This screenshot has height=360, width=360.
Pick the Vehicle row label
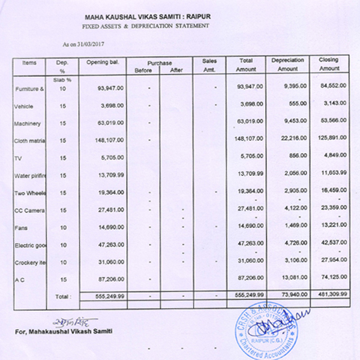(x=23, y=106)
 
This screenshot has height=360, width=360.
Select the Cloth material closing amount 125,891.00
(x=331, y=141)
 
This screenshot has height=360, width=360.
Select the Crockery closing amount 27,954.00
(x=332, y=262)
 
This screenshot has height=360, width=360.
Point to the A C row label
(x=19, y=280)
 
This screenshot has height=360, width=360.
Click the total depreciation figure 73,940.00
(x=292, y=296)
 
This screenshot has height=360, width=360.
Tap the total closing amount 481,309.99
(x=329, y=296)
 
